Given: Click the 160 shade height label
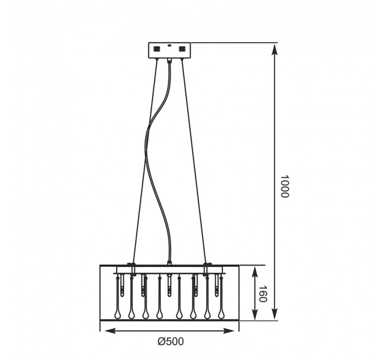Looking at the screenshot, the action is pyautogui.click(x=263, y=294).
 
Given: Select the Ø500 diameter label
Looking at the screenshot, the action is pyautogui.click(x=170, y=341).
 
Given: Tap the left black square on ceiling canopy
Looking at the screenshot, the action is pyautogui.click(x=157, y=49).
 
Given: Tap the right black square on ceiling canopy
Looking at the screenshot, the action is pyautogui.click(x=182, y=49).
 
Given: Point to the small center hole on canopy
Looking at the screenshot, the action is pyautogui.click(x=169, y=45).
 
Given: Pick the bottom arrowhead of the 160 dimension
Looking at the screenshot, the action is pyautogui.click(x=255, y=313).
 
